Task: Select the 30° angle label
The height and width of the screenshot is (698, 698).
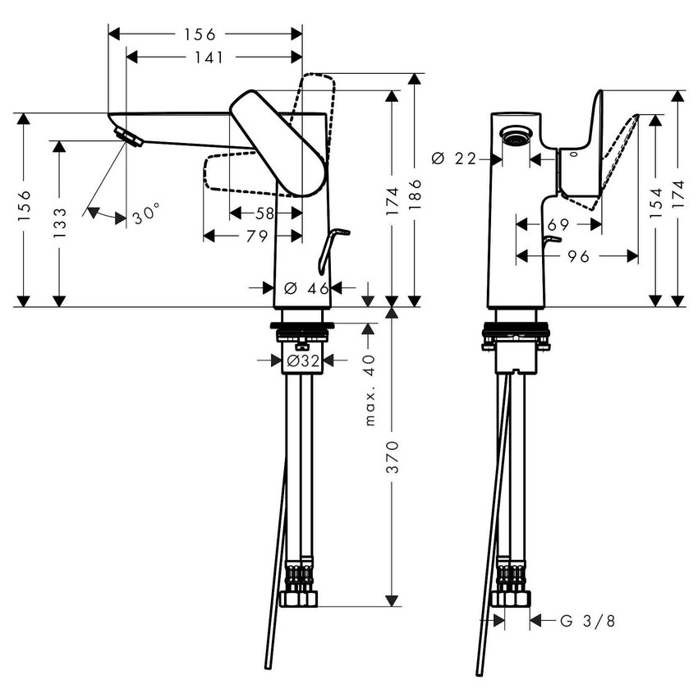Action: coord(145,216)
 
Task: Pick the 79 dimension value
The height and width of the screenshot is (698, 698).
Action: coord(257,236)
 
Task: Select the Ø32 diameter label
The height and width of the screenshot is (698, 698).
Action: coord(303,360)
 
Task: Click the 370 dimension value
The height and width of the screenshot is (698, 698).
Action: coord(392,456)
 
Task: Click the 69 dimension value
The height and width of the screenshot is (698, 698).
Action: coord(558,223)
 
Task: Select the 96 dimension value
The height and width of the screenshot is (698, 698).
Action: coord(578,256)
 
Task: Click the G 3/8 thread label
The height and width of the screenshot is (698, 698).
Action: coord(586,621)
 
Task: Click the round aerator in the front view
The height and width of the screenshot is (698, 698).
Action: coord(515,136)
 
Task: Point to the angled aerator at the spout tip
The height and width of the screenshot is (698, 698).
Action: coord(129,137)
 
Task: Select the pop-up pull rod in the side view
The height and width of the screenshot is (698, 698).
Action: coord(329,250)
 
